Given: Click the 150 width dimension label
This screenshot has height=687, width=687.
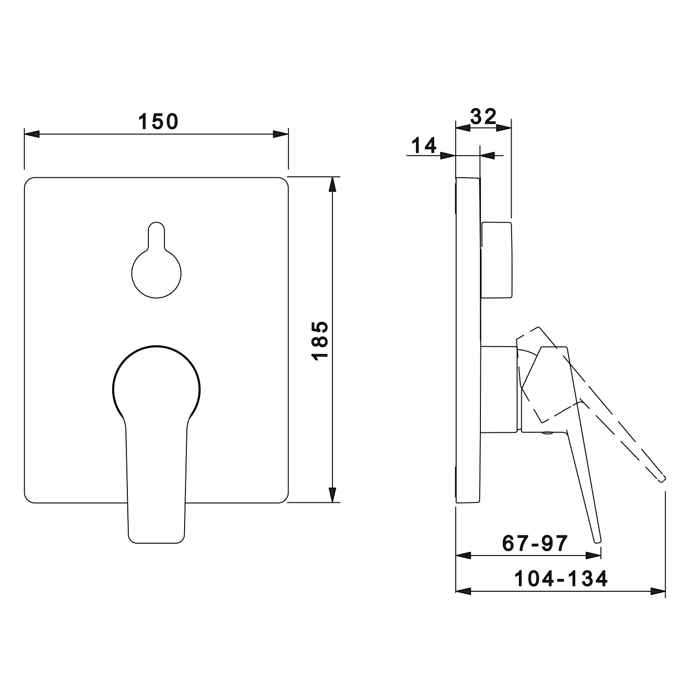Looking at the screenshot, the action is [x=158, y=121].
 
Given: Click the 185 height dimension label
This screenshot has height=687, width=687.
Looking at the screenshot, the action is [x=320, y=340].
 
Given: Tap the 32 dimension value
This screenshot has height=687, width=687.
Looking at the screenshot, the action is [x=484, y=117].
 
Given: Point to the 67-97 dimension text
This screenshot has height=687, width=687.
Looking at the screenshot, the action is [x=535, y=543].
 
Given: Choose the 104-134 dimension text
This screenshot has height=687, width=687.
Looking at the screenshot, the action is [x=561, y=578].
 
